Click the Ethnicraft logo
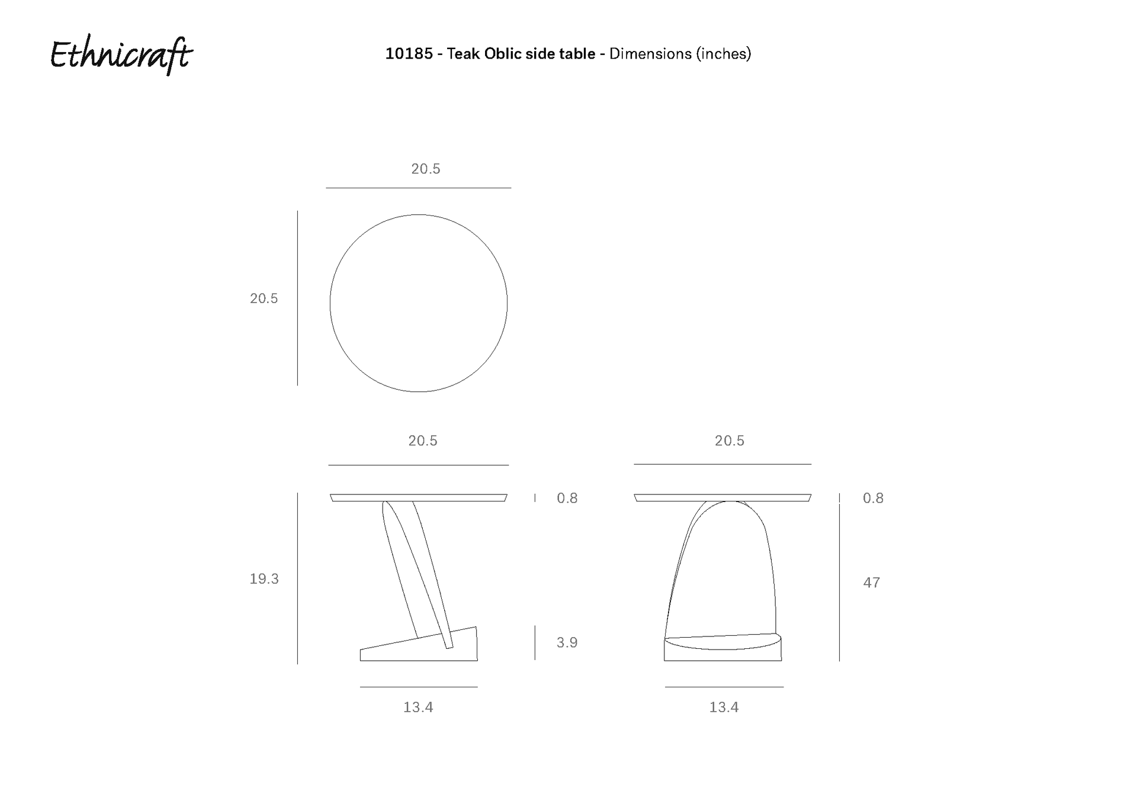(121, 56)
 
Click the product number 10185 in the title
(409, 54)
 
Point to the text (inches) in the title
(723, 54)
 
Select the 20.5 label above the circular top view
(426, 169)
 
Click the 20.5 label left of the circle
(264, 298)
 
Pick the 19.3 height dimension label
(264, 579)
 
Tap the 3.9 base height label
(567, 642)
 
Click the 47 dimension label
(871, 583)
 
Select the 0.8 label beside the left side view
(567, 499)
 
